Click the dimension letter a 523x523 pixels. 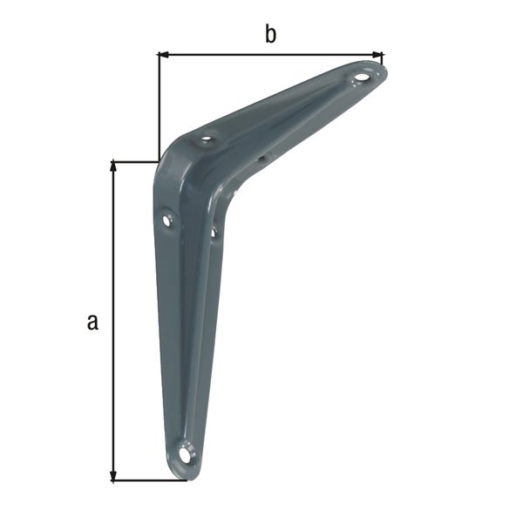(92, 322)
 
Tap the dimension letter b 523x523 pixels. (270, 34)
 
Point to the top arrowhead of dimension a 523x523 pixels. (113, 166)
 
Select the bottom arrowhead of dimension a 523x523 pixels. (113, 476)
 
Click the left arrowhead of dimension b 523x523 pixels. (163, 54)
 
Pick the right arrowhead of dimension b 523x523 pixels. (377, 54)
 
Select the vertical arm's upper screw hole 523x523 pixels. (166, 221)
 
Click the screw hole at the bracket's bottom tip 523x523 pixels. (185, 454)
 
